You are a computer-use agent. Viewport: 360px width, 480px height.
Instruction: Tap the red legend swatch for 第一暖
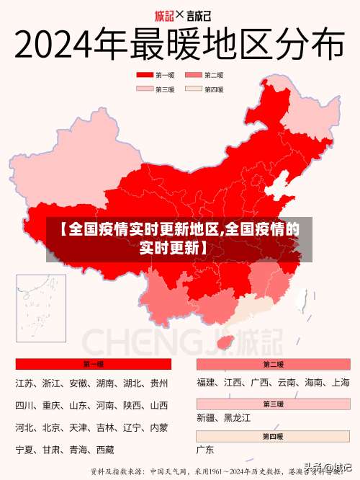145,75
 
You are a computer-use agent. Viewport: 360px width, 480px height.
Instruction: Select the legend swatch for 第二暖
194,75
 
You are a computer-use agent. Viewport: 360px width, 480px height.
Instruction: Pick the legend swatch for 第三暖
145,89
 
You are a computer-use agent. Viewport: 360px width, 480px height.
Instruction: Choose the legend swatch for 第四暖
194,89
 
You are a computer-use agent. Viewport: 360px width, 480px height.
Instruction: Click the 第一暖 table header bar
93,364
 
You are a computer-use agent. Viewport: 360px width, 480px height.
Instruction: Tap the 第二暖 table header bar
273,364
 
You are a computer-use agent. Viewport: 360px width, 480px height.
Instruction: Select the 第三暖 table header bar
273,404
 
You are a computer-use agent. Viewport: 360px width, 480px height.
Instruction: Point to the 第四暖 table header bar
273,436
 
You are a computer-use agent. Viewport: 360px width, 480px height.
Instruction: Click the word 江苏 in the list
24,383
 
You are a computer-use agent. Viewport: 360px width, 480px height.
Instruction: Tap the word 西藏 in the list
104,450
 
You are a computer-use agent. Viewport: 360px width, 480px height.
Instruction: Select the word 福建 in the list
206,383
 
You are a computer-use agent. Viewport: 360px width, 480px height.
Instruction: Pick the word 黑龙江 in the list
237,417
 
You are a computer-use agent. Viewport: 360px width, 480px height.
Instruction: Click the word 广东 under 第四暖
205,450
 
